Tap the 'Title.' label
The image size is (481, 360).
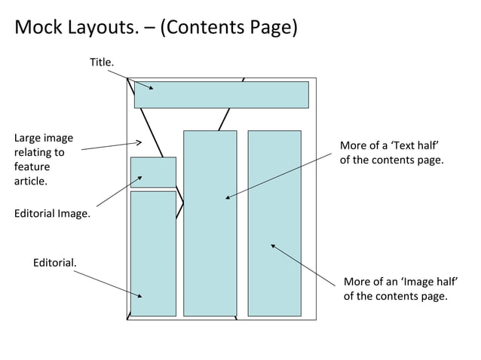(103, 61)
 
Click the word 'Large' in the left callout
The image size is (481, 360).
(29, 138)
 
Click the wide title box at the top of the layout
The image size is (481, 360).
(221, 95)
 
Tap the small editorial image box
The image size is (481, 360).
(153, 172)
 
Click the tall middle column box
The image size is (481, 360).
(210, 223)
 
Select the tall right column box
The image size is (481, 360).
(274, 223)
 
